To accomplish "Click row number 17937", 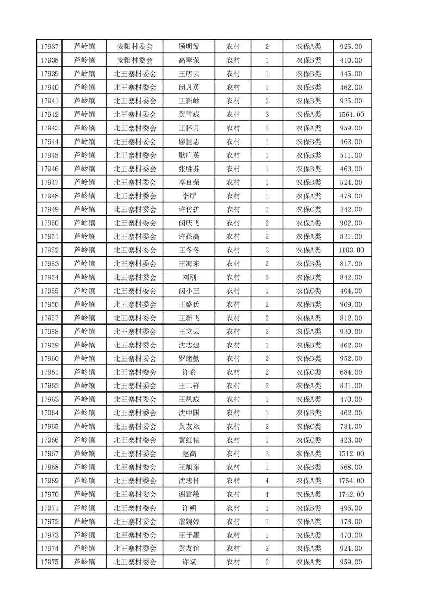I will coord(49,47).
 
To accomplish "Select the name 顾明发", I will coord(189,47).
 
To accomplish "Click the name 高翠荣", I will coord(189,60).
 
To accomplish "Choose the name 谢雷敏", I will coord(189,494).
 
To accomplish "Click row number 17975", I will coord(49,562).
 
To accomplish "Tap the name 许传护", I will coord(189,209).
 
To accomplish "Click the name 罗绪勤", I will coord(189,359).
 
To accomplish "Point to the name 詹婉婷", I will coord(189,521).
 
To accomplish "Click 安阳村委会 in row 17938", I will coord(135,60).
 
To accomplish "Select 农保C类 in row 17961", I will coord(308,372).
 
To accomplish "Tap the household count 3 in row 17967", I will coord(267,453).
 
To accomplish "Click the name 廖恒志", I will coord(189,142).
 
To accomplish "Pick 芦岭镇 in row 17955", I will coord(84,291).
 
